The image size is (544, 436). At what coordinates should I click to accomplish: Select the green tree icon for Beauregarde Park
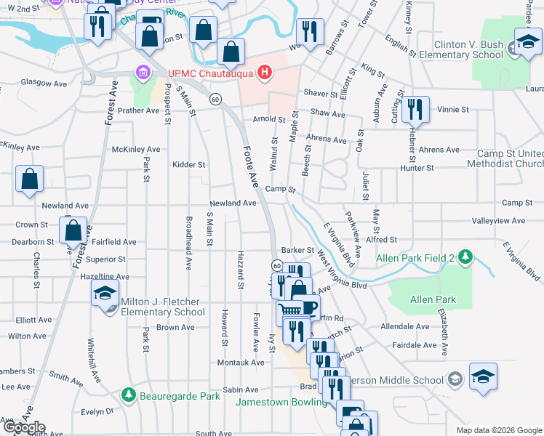(x=129, y=395)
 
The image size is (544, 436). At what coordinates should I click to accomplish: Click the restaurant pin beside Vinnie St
(x=415, y=109)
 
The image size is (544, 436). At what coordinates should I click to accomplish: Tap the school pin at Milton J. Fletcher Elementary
(x=105, y=294)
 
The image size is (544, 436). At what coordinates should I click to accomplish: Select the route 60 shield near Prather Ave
(x=215, y=99)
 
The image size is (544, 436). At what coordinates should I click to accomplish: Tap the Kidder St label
(x=188, y=165)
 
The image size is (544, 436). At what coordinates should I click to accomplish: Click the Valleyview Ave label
(x=498, y=221)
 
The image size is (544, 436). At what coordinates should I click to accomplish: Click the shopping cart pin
(x=290, y=312)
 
